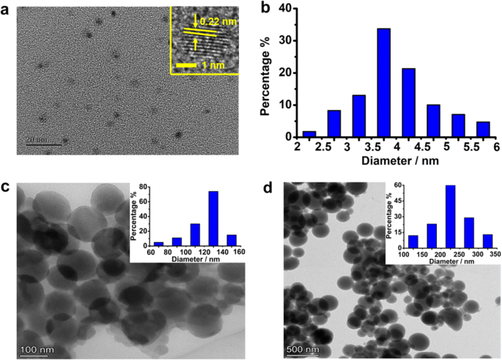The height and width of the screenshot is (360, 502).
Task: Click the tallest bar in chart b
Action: tap(384, 83)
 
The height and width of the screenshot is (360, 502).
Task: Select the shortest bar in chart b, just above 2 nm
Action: tap(309, 134)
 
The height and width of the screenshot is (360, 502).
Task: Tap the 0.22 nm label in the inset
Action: tap(218, 21)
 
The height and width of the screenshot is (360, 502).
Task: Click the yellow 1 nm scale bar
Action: tap(186, 65)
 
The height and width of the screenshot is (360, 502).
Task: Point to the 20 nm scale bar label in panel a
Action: tap(37, 139)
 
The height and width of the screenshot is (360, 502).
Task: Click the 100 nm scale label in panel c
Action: tap(37, 350)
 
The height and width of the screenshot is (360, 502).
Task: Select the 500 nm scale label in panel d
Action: tap(303, 349)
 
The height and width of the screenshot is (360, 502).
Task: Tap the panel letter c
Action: tap(5, 188)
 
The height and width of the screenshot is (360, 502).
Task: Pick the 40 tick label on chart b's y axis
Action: tap(285, 9)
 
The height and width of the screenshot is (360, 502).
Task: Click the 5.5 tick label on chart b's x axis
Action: tap(471, 147)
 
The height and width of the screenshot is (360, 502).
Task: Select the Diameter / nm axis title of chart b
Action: tap(400, 161)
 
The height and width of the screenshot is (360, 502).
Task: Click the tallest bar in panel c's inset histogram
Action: tap(213, 218)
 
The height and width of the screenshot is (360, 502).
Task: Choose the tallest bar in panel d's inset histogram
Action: tap(451, 216)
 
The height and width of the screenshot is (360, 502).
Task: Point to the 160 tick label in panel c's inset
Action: tap(239, 251)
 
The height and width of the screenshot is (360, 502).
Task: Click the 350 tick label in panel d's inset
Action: tap(495, 254)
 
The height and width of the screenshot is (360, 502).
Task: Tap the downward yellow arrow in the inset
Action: tap(196, 21)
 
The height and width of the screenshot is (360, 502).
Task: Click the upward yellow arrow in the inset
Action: tap(196, 44)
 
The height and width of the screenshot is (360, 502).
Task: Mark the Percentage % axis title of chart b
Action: tap(265, 76)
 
